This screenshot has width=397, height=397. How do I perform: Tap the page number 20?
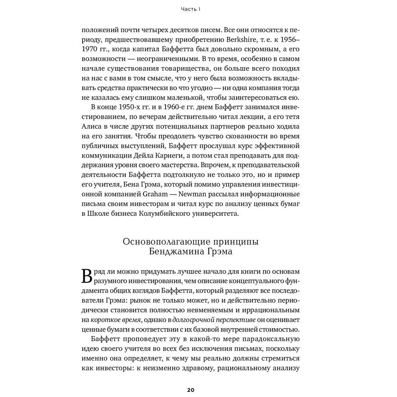[x=191, y=389]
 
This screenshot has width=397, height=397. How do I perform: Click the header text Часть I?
[x=191, y=9]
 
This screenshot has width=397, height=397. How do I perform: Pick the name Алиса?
[x=91, y=127]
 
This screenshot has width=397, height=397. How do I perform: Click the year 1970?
[x=91, y=50]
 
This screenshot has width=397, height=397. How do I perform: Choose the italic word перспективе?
[x=226, y=309]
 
